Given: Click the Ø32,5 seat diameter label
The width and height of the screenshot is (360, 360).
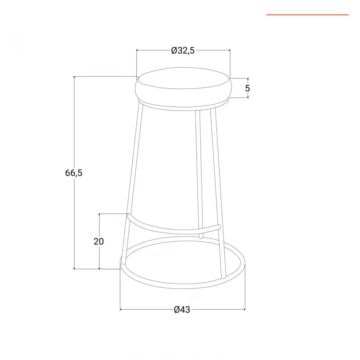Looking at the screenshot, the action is point(183,50).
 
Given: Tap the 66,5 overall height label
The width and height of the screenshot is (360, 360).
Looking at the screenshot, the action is point(74,173).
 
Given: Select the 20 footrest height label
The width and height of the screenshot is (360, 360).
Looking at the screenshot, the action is point(99,241).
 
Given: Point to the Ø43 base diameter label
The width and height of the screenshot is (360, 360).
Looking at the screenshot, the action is point(182,310).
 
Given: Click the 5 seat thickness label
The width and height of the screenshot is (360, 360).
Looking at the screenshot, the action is point(248,88).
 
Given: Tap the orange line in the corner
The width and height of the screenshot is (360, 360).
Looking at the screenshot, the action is point(308,15).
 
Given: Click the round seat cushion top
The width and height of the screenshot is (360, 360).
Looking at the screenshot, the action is point(184,78).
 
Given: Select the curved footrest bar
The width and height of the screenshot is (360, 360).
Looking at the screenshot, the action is point(173,226).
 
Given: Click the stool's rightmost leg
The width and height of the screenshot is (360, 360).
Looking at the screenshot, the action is point(218,193).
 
